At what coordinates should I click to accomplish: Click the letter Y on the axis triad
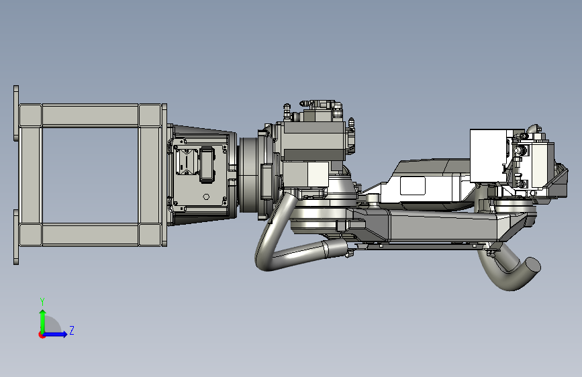point(42,301)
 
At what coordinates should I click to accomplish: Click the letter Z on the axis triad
point(72,330)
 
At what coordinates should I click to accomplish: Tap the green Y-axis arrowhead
point(43,313)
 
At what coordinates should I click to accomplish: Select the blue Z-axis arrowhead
point(64,334)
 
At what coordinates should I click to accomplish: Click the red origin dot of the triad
point(42,335)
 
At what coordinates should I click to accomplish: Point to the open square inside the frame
point(90,175)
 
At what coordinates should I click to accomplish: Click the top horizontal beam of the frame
point(90,115)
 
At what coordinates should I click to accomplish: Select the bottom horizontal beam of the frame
point(90,235)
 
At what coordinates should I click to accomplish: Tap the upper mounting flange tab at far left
point(16,113)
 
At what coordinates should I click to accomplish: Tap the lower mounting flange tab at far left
point(16,237)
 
